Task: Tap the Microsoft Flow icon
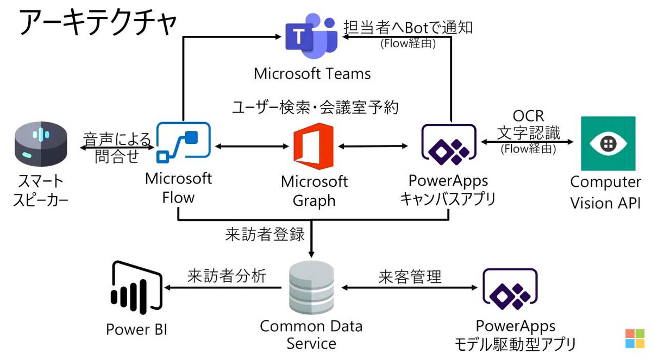[x=183, y=142]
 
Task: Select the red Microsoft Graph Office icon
[x=313, y=143]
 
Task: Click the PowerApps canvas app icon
[x=449, y=144]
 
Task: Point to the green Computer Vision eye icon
[x=607, y=143]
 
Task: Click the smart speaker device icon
[x=38, y=143]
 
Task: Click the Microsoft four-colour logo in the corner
[x=634, y=338]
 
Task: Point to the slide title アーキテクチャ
[x=98, y=22]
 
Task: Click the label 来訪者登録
[x=265, y=235]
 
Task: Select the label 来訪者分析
[x=227, y=276]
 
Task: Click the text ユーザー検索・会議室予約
[x=315, y=108]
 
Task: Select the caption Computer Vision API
[x=605, y=192]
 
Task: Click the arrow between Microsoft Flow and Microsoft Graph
[x=251, y=146]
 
